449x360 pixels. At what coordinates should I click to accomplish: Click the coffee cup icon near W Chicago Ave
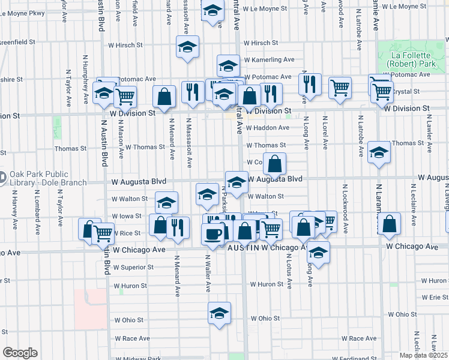click(212, 233)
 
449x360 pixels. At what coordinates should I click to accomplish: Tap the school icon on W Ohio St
click(219, 313)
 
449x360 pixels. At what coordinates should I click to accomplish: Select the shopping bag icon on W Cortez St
click(274, 164)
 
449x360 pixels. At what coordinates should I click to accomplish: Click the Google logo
click(19, 353)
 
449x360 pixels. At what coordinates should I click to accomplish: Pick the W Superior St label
click(133, 267)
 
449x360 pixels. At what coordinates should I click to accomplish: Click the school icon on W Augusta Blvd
click(237, 182)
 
